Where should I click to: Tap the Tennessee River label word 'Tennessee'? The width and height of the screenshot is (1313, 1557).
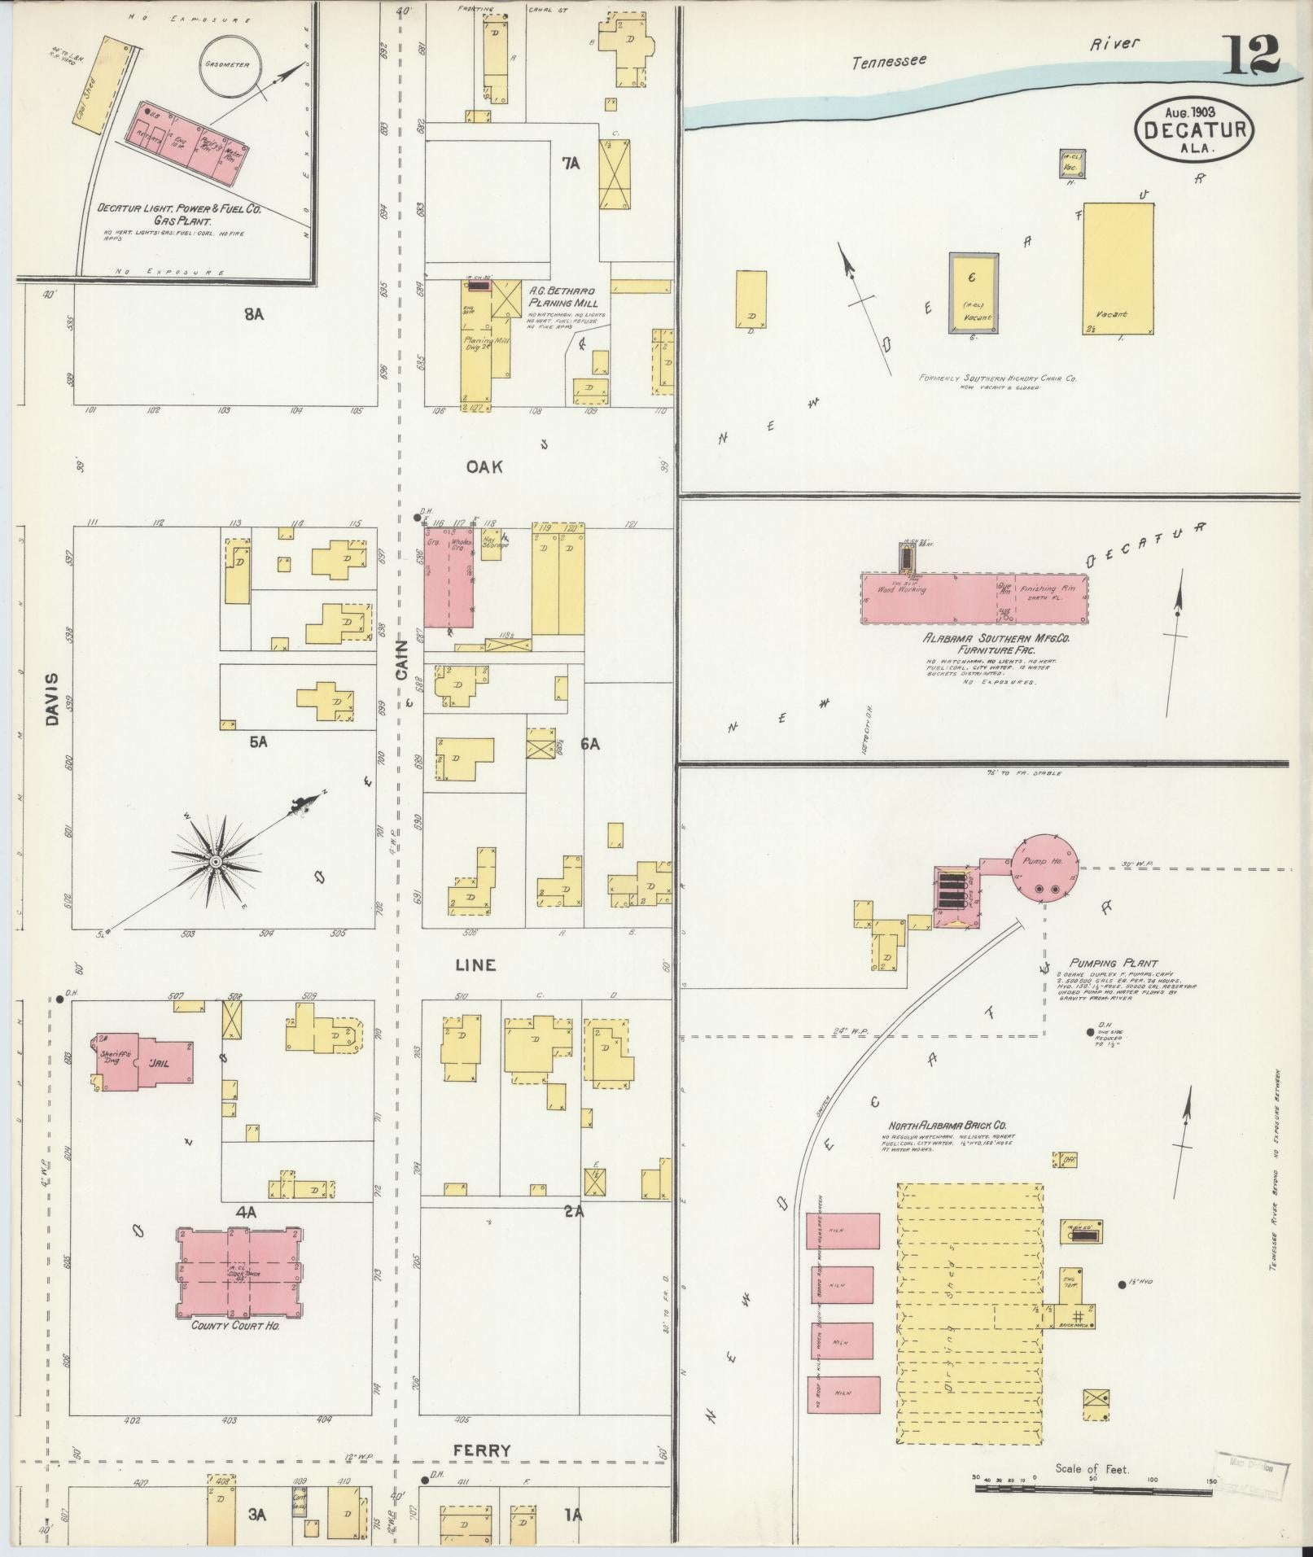(x=889, y=62)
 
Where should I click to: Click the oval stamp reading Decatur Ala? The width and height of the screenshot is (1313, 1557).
(x=1194, y=131)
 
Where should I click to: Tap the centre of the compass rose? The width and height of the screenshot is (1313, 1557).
(x=215, y=861)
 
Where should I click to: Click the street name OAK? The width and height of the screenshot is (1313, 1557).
(x=484, y=466)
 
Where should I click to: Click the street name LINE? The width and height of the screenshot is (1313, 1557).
(x=475, y=964)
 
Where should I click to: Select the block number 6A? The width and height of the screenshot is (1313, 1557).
(x=589, y=744)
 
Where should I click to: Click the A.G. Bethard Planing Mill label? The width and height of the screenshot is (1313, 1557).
(x=562, y=296)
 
